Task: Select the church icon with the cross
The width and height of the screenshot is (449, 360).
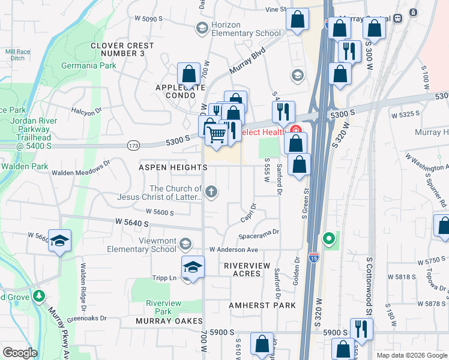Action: (x=211, y=192)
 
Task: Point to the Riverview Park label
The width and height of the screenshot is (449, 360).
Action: (x=163, y=307)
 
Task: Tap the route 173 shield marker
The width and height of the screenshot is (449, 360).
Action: (x=133, y=145)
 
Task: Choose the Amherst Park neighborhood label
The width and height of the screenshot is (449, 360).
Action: (x=262, y=305)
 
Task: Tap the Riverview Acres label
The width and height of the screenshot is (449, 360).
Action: (x=251, y=269)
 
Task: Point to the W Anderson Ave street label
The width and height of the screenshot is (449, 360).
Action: (x=233, y=250)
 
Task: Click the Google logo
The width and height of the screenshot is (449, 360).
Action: (x=20, y=352)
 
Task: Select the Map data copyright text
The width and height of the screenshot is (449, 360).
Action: (x=411, y=355)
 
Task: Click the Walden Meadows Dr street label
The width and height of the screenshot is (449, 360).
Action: (x=81, y=167)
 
